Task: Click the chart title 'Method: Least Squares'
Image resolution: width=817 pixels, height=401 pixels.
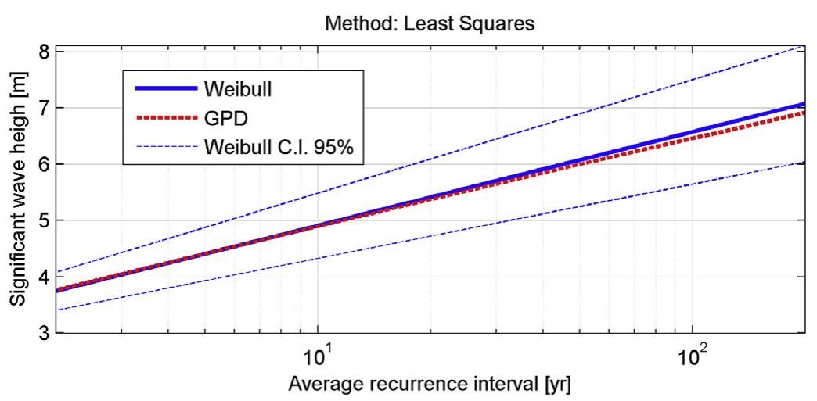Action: pyautogui.click(x=429, y=23)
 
